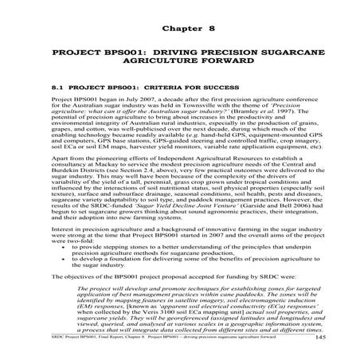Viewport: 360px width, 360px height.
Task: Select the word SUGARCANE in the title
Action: click(x=283, y=58)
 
